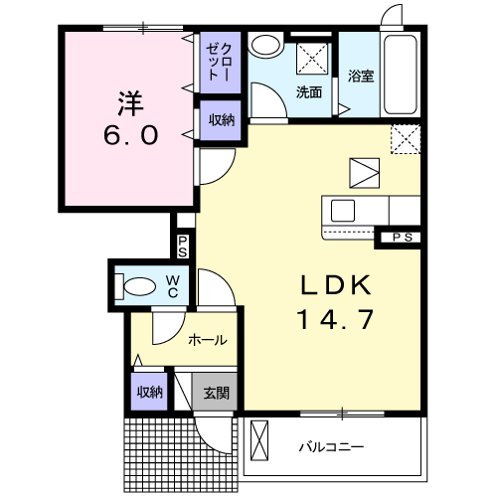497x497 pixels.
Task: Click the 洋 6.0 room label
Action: [130, 118]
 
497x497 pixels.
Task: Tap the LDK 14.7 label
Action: [336, 302]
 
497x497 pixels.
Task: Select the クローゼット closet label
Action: [219, 62]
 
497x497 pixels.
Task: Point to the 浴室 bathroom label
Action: [361, 76]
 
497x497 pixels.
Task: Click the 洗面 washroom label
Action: [309, 92]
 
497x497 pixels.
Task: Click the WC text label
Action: [173, 287]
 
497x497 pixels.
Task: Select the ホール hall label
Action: [208, 340]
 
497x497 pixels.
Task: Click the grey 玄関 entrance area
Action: [215, 392]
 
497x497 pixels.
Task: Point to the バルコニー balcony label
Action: [331, 447]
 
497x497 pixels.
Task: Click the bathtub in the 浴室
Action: [400, 75]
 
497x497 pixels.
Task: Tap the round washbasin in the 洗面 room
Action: [265, 45]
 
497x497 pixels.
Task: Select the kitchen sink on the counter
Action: [343, 211]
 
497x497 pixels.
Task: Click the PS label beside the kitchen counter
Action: [403, 238]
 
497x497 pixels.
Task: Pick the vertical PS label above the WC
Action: [182, 247]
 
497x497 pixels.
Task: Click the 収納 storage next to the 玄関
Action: [149, 392]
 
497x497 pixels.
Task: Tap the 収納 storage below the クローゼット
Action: [221, 120]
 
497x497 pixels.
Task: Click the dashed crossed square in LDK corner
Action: [406, 139]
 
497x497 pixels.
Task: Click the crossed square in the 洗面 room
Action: [312, 59]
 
